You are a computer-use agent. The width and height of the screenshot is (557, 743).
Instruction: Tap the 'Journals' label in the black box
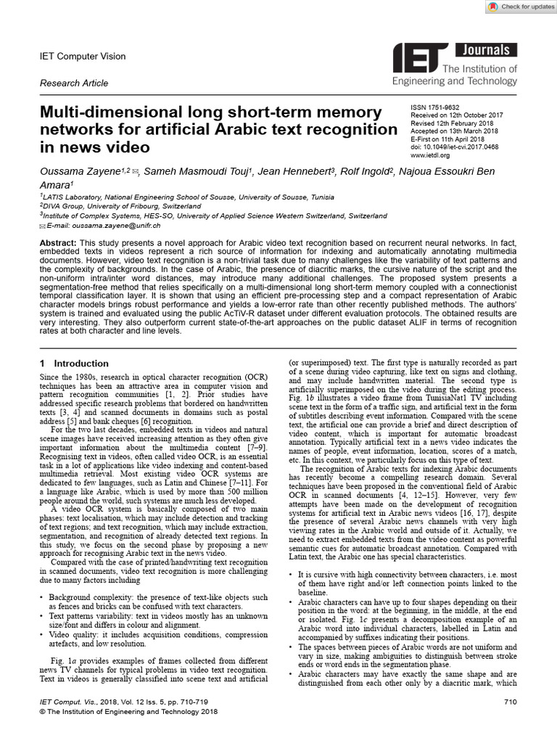pyautogui.click(x=485, y=50)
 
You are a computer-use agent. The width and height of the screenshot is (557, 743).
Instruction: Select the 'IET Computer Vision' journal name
pyautogui.click(x=82, y=57)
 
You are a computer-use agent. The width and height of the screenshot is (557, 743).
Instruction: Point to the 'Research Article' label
pyautogui.click(x=74, y=83)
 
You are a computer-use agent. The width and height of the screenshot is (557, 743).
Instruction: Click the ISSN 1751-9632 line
pyautogui.click(x=435, y=107)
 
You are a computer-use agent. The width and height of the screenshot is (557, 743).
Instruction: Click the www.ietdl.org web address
pyautogui.click(x=430, y=155)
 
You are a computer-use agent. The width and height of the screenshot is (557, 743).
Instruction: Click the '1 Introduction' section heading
pyautogui.click(x=74, y=363)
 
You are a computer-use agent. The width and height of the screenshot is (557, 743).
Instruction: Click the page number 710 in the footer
pyautogui.click(x=509, y=702)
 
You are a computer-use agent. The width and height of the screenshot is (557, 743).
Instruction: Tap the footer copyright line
pyautogui.click(x=128, y=713)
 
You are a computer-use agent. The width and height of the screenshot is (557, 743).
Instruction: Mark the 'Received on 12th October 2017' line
pyautogui.click(x=456, y=115)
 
